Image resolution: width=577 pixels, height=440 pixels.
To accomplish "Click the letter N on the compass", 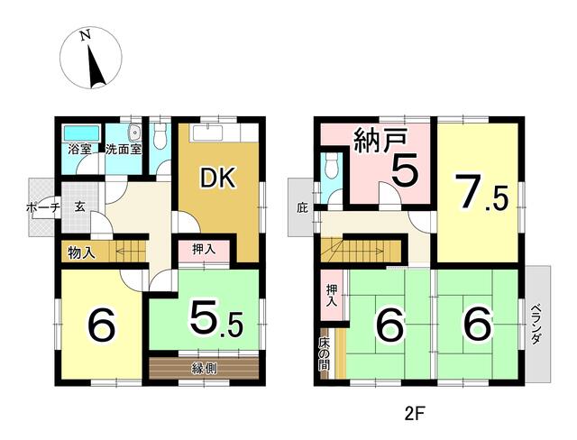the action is [86, 35].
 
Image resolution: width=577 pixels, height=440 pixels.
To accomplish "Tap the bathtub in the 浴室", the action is [82, 133].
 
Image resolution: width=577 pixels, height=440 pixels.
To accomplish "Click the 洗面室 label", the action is [124, 150].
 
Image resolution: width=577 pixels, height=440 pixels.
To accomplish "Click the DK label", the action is [217, 179].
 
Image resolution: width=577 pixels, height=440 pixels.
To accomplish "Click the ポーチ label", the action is [43, 208].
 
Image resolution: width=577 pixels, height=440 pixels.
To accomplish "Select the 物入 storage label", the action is [82, 252].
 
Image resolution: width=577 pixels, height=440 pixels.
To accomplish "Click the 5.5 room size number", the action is [216, 317].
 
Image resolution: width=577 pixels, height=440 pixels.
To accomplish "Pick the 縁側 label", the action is [204, 368].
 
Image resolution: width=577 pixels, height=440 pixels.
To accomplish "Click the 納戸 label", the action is [380, 142].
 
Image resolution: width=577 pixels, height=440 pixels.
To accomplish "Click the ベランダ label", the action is [536, 324].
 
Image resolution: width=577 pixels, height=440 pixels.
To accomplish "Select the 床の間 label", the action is [325, 354].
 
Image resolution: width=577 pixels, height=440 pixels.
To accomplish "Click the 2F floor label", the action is [415, 415].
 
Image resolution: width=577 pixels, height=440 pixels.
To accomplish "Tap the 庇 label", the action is [302, 208].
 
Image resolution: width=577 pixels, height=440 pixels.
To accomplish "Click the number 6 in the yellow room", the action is [101, 324].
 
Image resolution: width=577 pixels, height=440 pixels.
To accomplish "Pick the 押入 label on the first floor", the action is [204, 250].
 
